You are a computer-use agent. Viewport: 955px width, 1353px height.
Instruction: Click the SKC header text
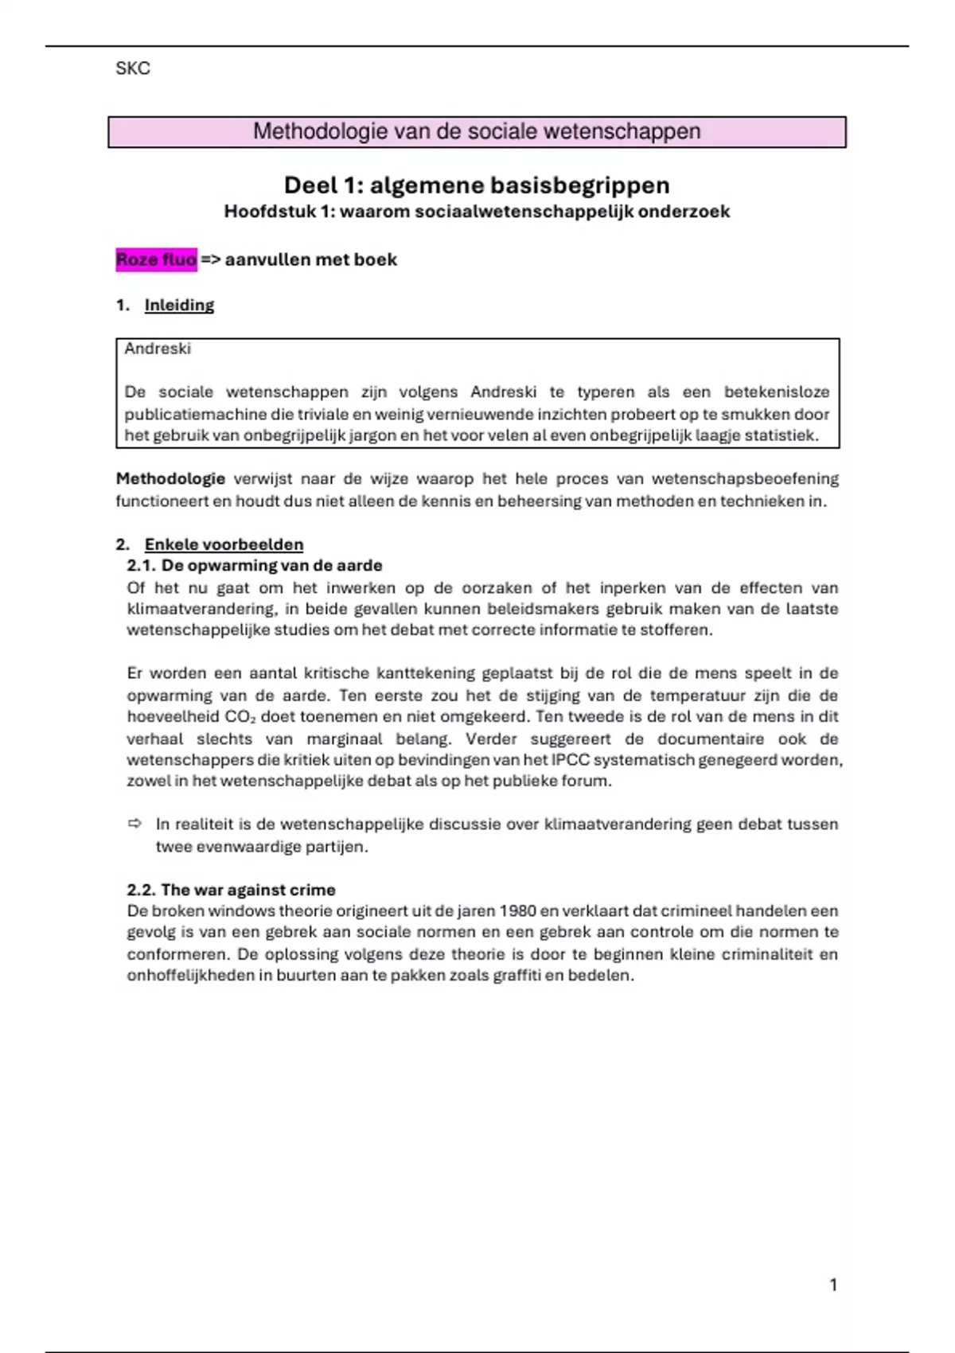(133, 68)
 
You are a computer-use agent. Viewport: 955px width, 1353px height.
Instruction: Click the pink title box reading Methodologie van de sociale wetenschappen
(477, 132)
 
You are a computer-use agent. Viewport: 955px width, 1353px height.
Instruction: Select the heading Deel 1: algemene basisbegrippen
(477, 185)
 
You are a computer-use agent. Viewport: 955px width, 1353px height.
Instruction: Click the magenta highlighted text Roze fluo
(156, 259)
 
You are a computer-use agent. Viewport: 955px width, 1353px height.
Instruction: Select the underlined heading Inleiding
(179, 305)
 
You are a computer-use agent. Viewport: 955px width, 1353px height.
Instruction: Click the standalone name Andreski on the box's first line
(158, 349)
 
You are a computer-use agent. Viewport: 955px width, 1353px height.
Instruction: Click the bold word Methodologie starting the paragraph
(170, 479)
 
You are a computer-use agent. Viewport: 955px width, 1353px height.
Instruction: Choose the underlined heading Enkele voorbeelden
(224, 544)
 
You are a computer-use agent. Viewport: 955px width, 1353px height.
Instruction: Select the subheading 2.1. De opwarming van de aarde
(255, 566)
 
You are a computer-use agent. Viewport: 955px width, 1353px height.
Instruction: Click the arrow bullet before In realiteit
(134, 824)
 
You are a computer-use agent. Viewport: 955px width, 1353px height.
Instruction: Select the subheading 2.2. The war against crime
(231, 890)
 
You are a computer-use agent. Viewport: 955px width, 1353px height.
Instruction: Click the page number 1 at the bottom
(833, 1285)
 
